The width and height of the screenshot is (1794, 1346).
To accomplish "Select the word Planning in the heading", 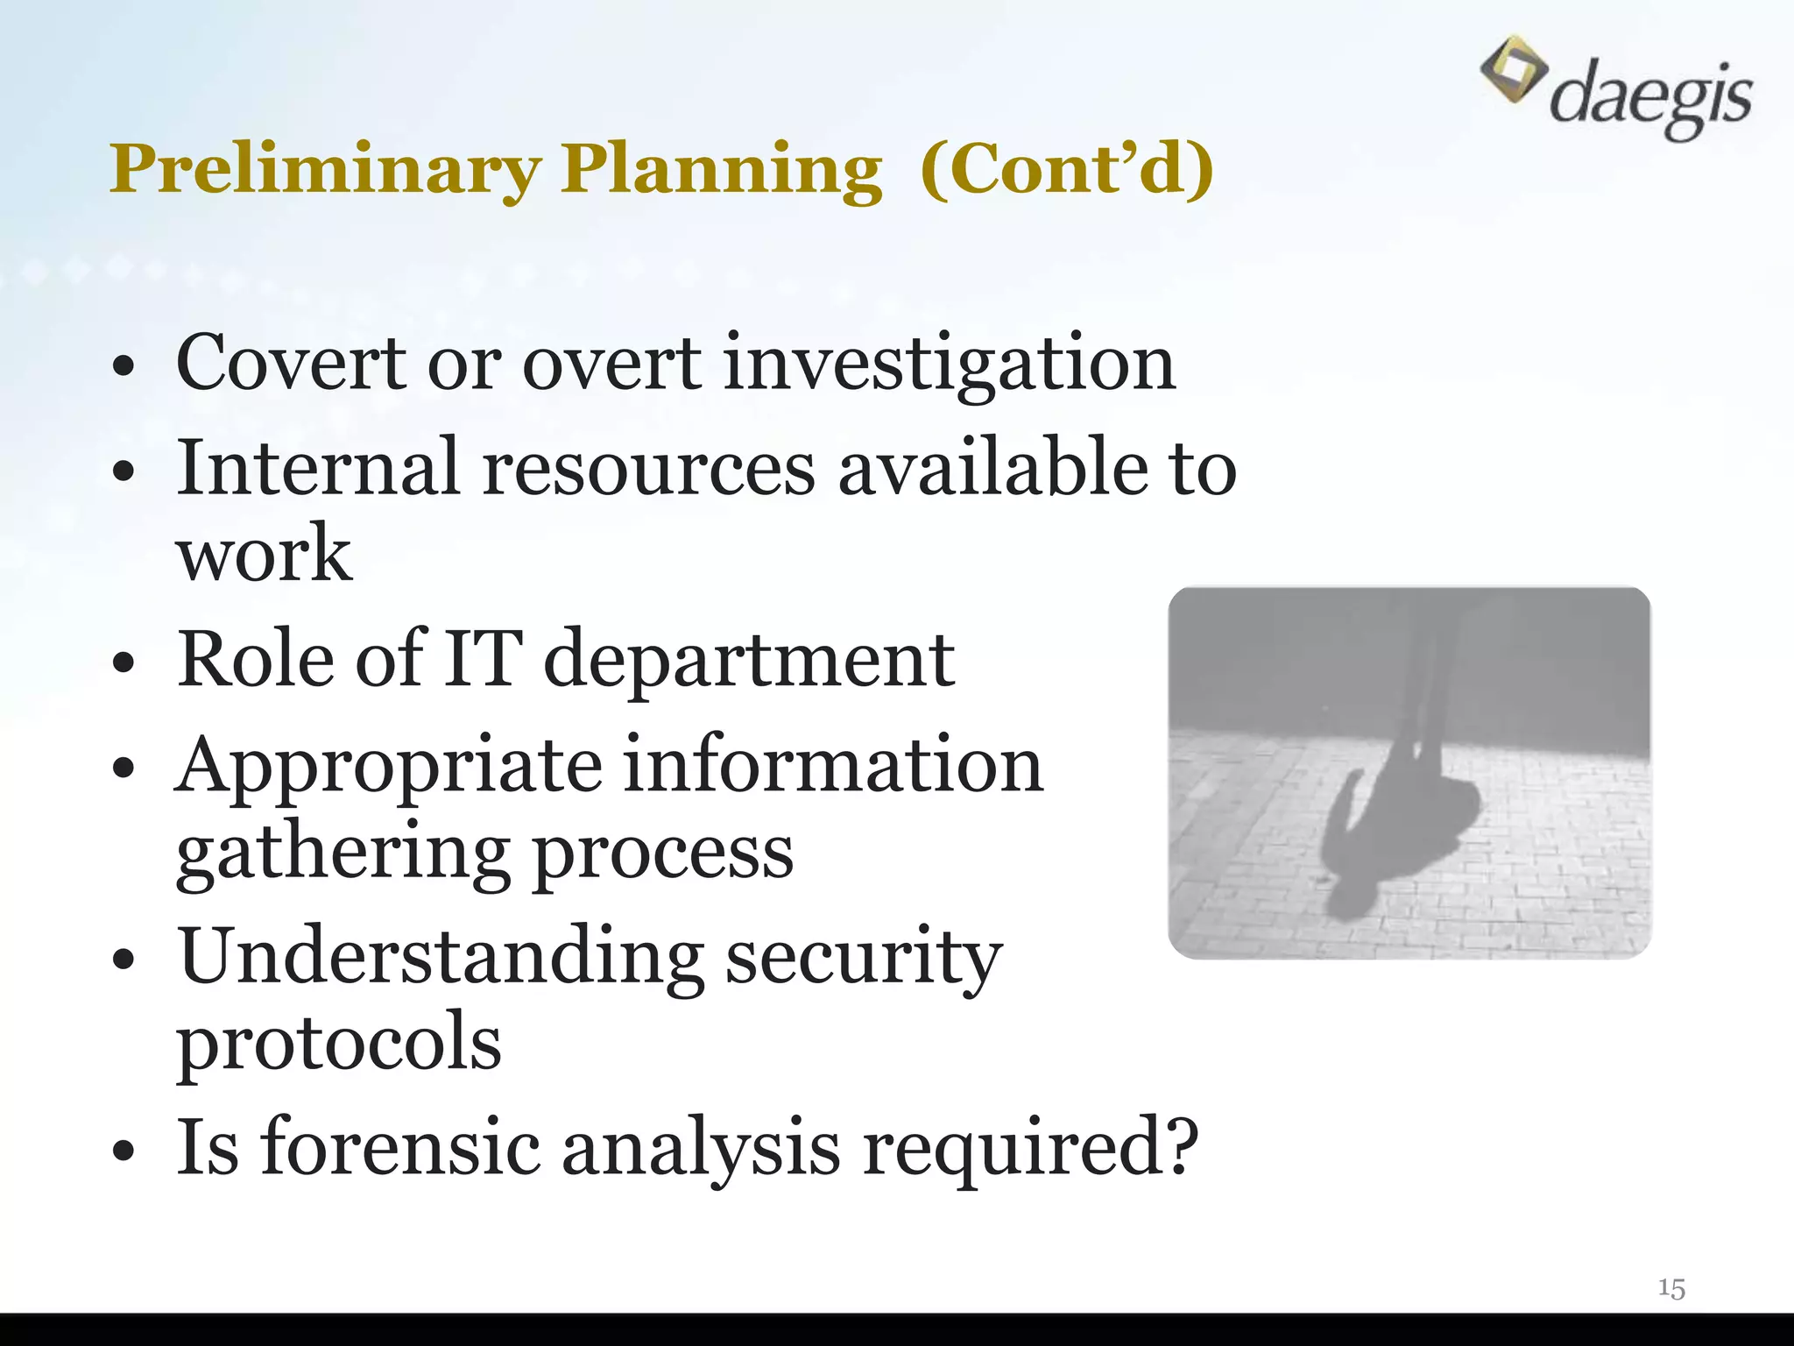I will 722,168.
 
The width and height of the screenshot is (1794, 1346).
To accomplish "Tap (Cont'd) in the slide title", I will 1067,168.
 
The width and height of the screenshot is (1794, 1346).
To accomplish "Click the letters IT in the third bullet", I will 483,659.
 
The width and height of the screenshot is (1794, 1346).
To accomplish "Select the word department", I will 749,659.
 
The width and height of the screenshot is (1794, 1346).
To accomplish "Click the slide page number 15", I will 1671,1288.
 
